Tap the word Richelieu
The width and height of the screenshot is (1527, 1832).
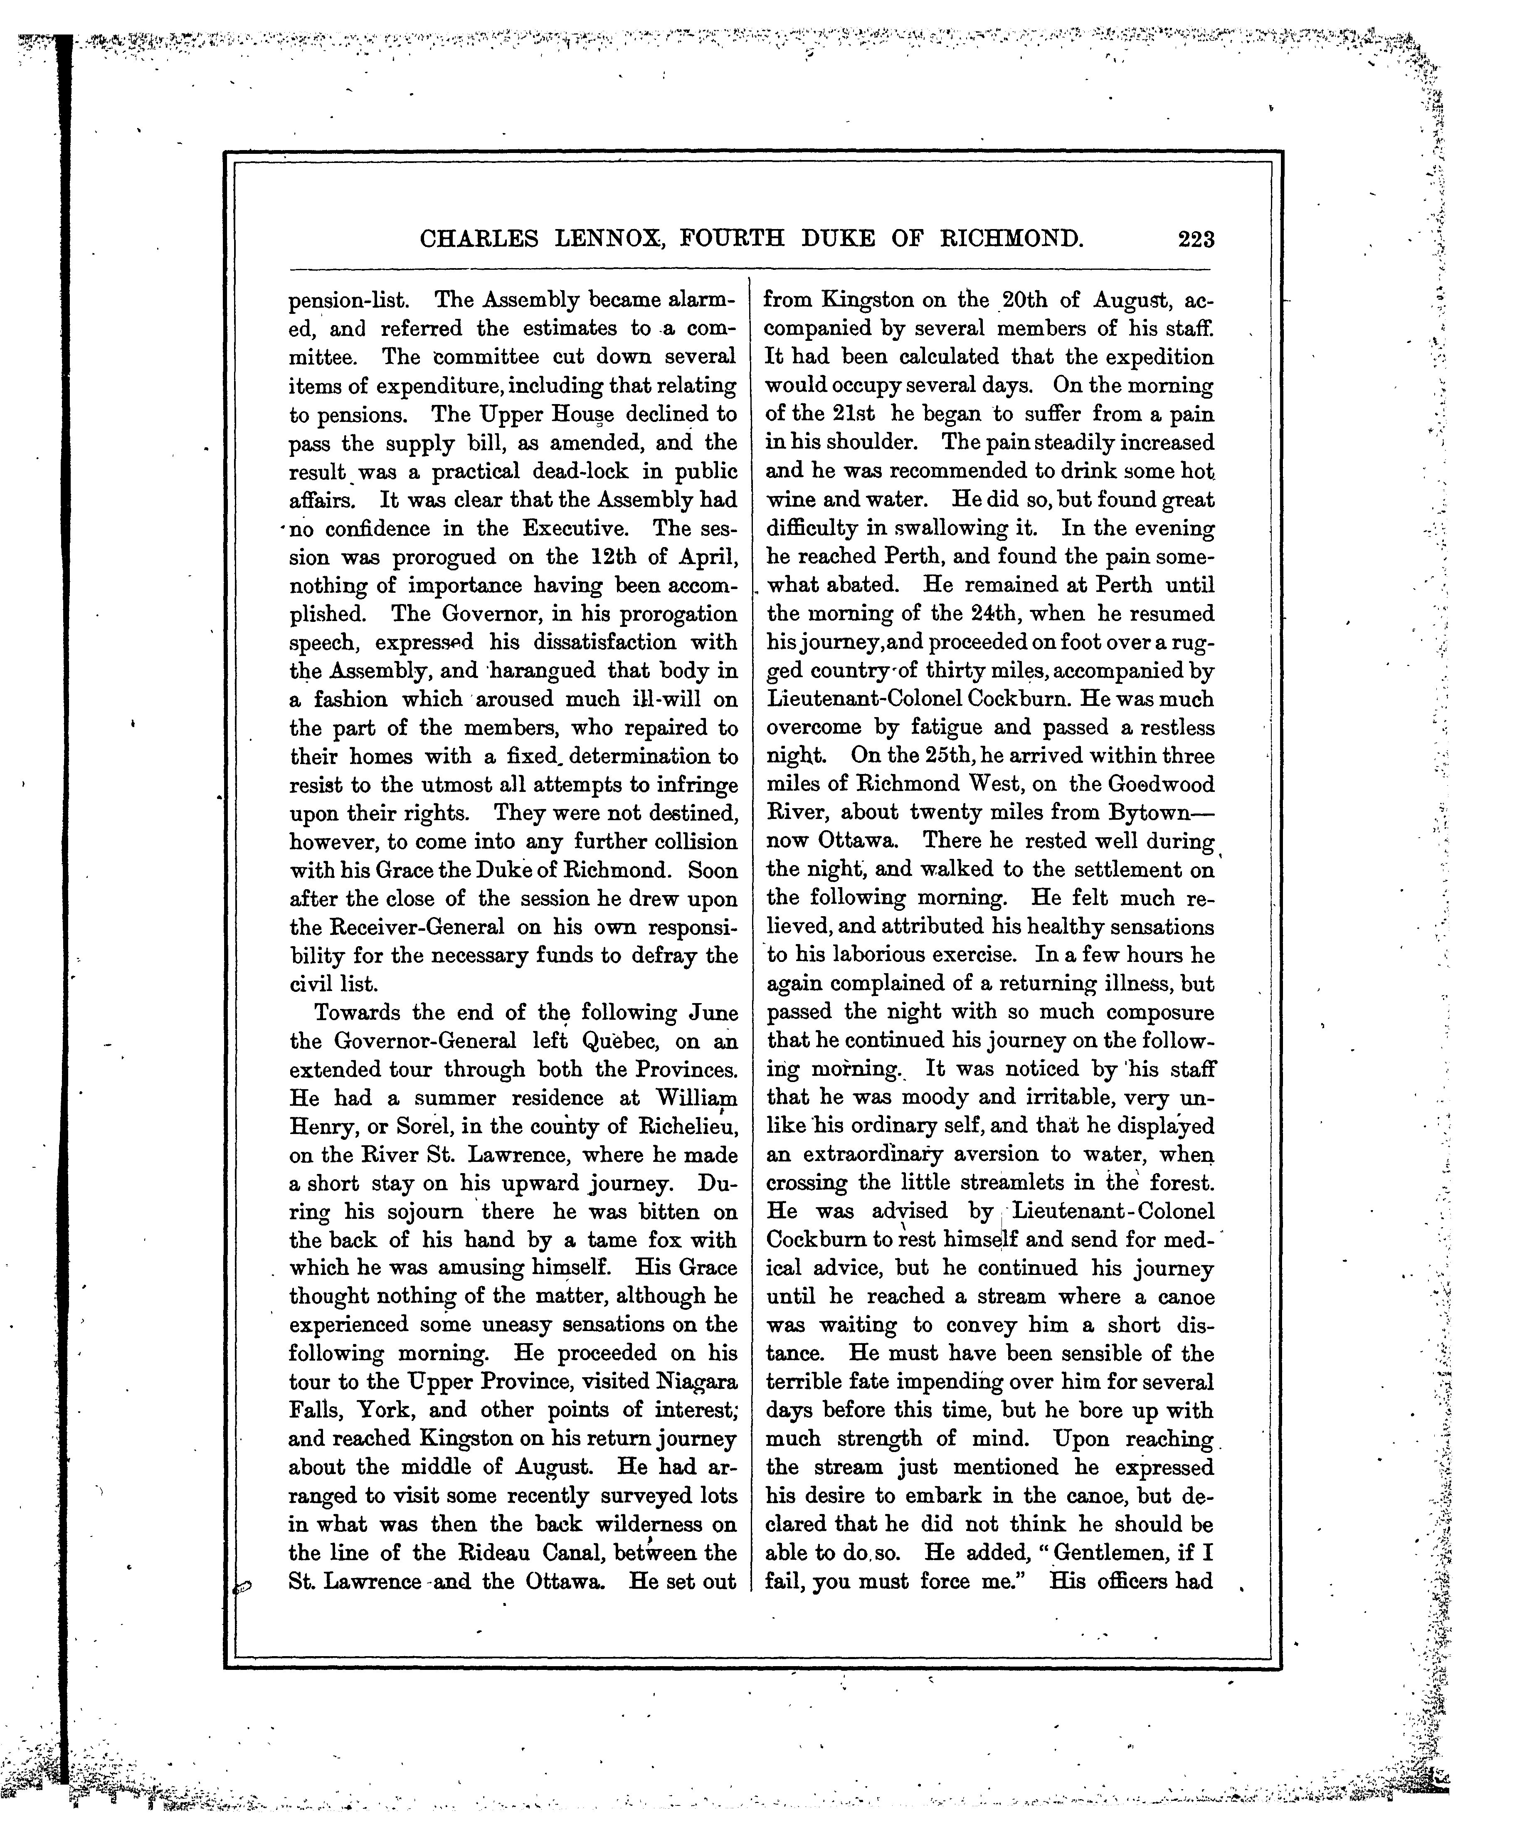pos(689,1127)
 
